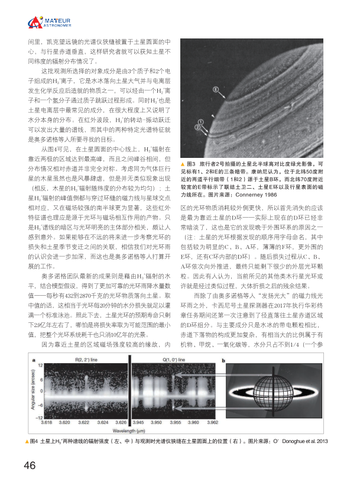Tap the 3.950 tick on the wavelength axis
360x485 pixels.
[160, 423]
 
